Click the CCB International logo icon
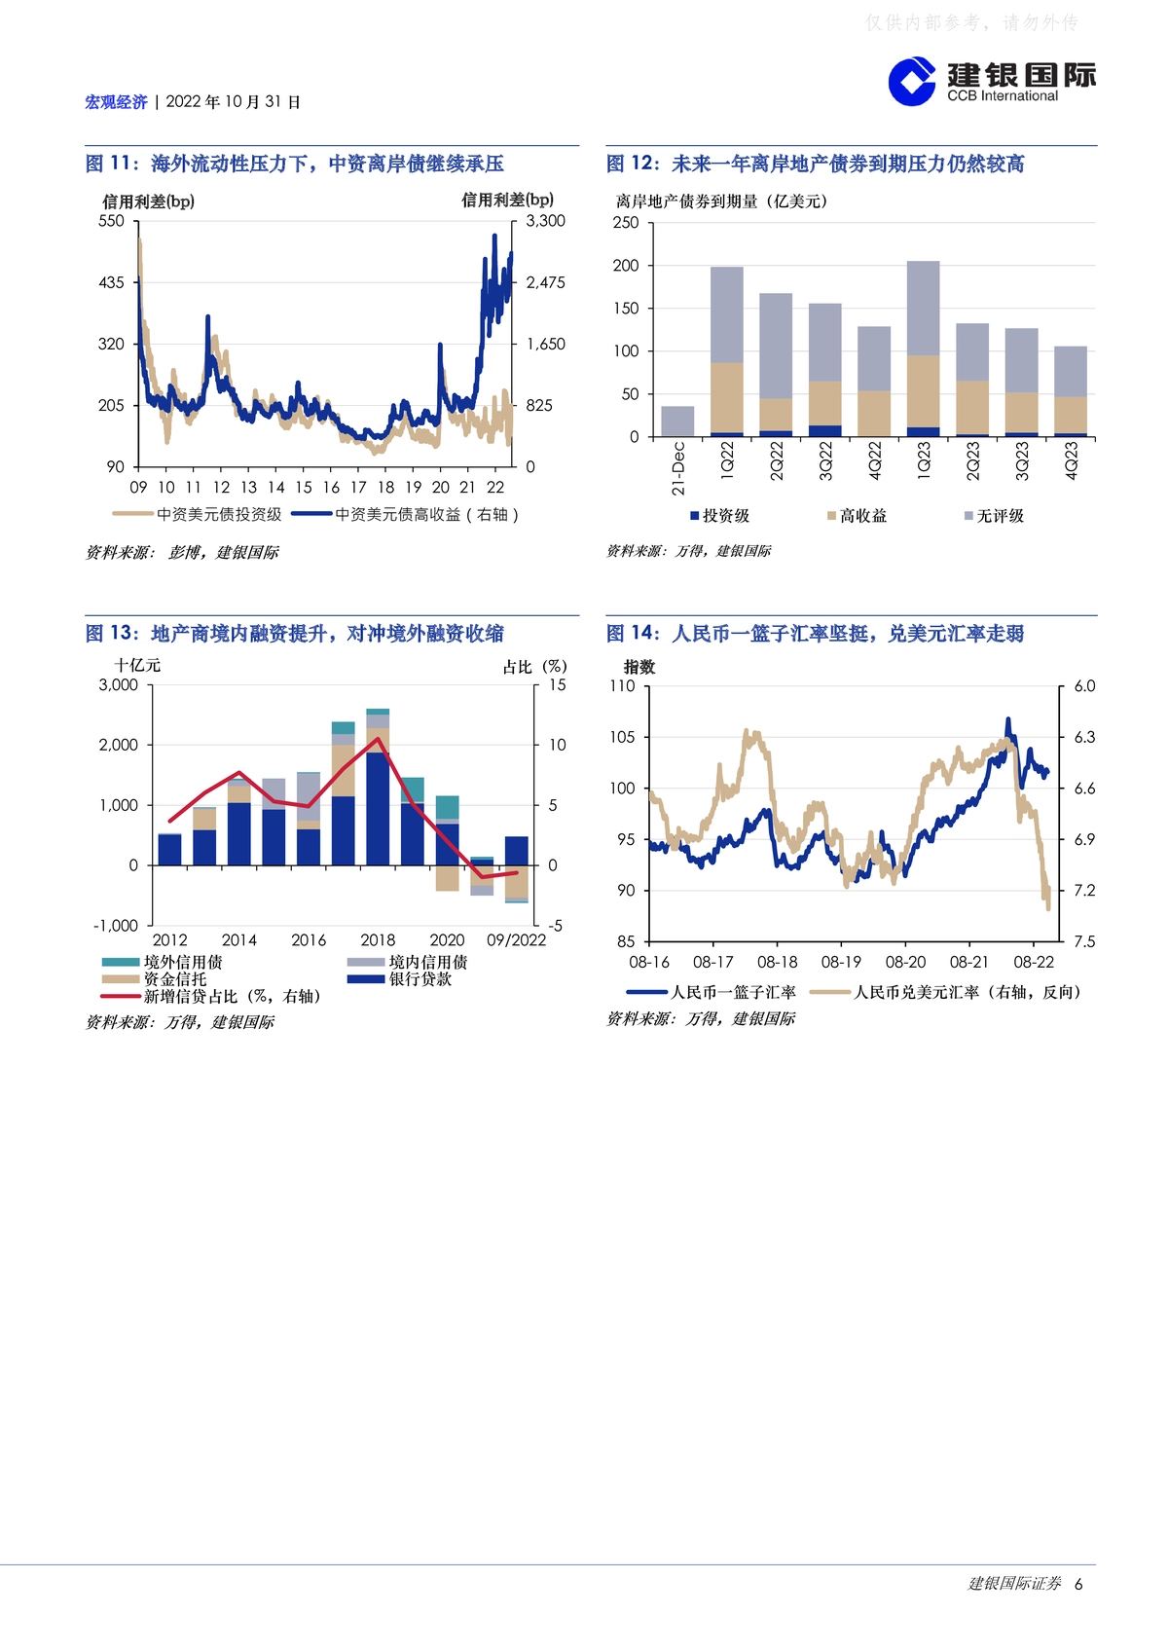coord(912,81)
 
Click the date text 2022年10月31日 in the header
coord(233,102)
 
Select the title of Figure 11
coord(294,164)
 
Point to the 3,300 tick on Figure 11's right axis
coord(546,221)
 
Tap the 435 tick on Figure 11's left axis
coord(111,282)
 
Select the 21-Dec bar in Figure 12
coord(676,422)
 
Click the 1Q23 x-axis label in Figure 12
coord(923,460)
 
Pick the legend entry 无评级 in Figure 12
coord(994,516)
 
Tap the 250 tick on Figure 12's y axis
coord(625,223)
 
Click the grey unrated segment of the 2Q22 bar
coord(776,346)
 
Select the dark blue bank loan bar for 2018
coord(378,808)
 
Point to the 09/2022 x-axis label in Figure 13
coord(516,940)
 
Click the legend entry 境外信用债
coord(163,962)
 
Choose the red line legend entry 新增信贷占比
coord(212,997)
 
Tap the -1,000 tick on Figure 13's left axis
coord(116,926)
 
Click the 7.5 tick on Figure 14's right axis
coord(1084,941)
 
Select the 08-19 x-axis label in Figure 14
coord(841,963)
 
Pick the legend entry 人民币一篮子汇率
coord(711,993)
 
